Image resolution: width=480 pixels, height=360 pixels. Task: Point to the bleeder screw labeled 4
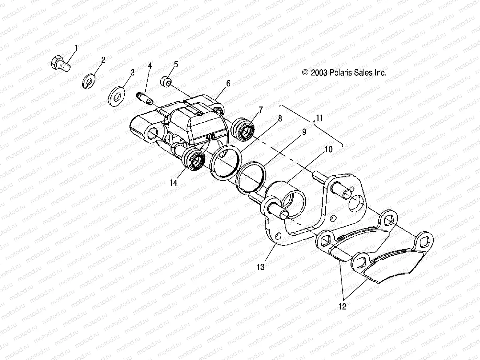tap(145, 98)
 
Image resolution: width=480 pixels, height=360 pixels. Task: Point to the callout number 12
tap(342, 306)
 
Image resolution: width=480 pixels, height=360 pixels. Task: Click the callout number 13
tap(261, 267)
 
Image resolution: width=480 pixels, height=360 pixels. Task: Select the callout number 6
tap(228, 84)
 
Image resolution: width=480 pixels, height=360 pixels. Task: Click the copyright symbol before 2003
tap(305, 73)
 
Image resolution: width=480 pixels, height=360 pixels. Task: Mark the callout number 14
tap(173, 183)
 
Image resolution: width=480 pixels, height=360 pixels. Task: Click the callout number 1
tap(76, 48)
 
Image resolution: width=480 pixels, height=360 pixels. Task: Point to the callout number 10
tap(328, 150)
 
